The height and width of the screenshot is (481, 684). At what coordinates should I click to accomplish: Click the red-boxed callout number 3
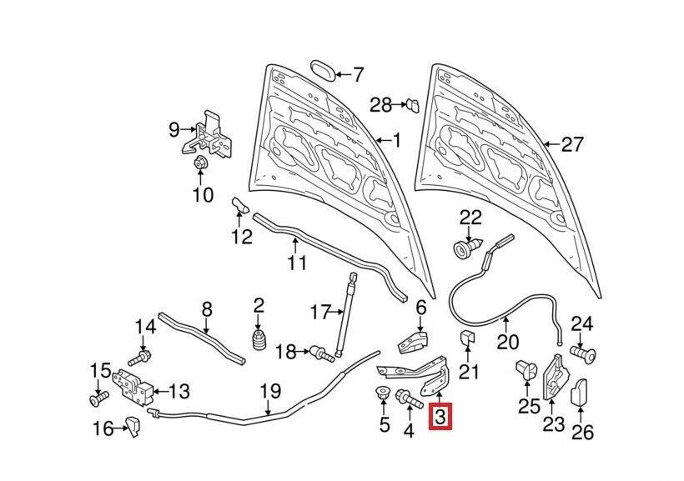point(440,415)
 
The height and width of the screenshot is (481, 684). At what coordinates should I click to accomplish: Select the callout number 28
point(380,104)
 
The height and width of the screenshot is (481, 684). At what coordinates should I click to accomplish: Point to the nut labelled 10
point(202,164)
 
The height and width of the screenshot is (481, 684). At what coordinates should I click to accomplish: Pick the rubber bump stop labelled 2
point(259,343)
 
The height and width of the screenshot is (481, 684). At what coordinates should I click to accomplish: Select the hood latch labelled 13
point(137,385)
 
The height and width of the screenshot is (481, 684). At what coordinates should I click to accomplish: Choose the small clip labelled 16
point(133,428)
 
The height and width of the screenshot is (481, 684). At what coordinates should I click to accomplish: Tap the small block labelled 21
point(468,339)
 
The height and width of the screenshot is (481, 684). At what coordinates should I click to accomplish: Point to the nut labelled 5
point(384,395)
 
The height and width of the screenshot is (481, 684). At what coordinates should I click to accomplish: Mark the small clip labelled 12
point(239,204)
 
